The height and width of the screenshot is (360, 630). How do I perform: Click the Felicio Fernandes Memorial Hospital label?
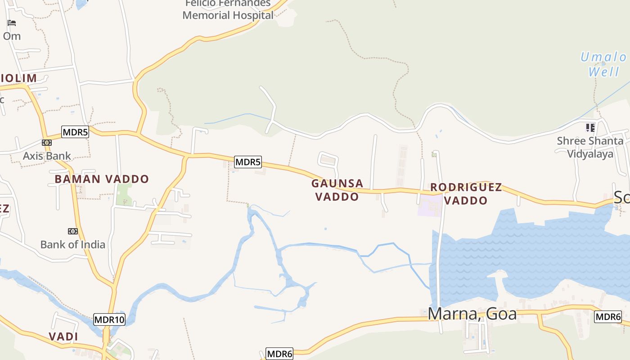tap(228, 9)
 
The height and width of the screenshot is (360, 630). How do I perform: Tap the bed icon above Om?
tap(12, 23)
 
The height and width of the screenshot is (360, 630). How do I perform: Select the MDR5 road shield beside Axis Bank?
tap(75, 132)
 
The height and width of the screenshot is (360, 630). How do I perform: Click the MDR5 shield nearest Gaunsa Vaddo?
tap(247, 162)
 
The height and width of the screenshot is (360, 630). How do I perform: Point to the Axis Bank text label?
tap(47, 156)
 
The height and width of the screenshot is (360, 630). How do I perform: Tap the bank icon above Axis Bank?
tap(47, 143)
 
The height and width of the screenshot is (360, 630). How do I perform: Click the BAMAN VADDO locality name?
tap(102, 179)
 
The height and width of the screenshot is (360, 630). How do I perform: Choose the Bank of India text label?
tap(73, 244)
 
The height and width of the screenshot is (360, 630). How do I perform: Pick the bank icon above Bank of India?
tap(72, 231)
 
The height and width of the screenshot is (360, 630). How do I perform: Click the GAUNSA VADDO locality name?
tap(337, 190)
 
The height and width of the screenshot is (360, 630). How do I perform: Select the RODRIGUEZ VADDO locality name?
tap(466, 193)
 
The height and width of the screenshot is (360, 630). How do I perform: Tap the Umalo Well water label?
tap(603, 64)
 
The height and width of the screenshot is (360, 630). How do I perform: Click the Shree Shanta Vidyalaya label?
tap(590, 147)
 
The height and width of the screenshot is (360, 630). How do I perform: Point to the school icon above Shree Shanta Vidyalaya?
tap(590, 128)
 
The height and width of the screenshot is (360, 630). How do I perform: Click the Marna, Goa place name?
tap(472, 313)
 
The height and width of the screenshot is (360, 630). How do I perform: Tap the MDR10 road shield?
tap(109, 319)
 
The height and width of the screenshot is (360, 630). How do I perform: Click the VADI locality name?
tap(63, 337)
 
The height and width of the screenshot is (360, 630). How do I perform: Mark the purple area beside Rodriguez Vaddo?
tap(429, 206)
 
